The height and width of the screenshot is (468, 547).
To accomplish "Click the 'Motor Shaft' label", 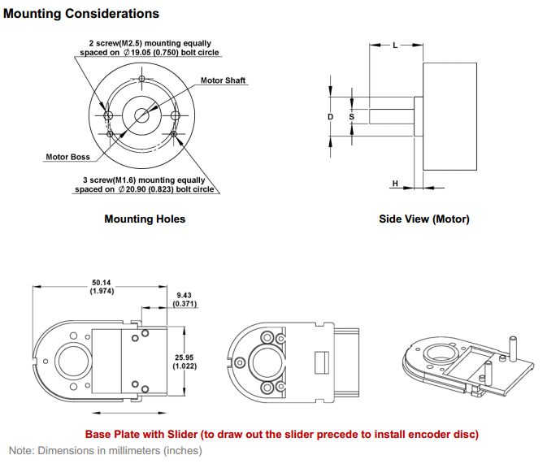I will click(x=223, y=80).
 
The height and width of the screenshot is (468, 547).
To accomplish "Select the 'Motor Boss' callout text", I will click(x=67, y=157).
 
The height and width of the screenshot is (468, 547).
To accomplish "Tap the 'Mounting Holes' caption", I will click(x=145, y=219).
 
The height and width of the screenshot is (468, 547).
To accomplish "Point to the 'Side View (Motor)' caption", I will click(x=423, y=219).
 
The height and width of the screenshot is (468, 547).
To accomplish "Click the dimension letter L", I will click(x=395, y=45).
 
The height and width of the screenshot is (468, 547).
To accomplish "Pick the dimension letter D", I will click(x=330, y=117).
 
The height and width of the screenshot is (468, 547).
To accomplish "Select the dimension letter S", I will click(x=351, y=117).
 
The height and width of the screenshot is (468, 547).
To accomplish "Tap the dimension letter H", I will click(x=395, y=184).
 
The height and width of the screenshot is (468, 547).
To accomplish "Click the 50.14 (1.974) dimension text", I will click(x=102, y=287).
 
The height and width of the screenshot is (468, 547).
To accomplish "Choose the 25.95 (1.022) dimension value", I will click(x=183, y=360).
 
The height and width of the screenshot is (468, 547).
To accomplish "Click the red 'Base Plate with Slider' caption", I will click(x=282, y=434).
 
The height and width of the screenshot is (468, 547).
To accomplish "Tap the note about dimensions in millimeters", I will click(x=105, y=450).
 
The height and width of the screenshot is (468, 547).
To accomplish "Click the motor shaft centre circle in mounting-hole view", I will click(x=142, y=115).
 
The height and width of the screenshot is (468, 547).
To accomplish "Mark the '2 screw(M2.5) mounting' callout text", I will click(x=149, y=47).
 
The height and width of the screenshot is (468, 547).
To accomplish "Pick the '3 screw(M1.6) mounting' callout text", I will click(x=145, y=184).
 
